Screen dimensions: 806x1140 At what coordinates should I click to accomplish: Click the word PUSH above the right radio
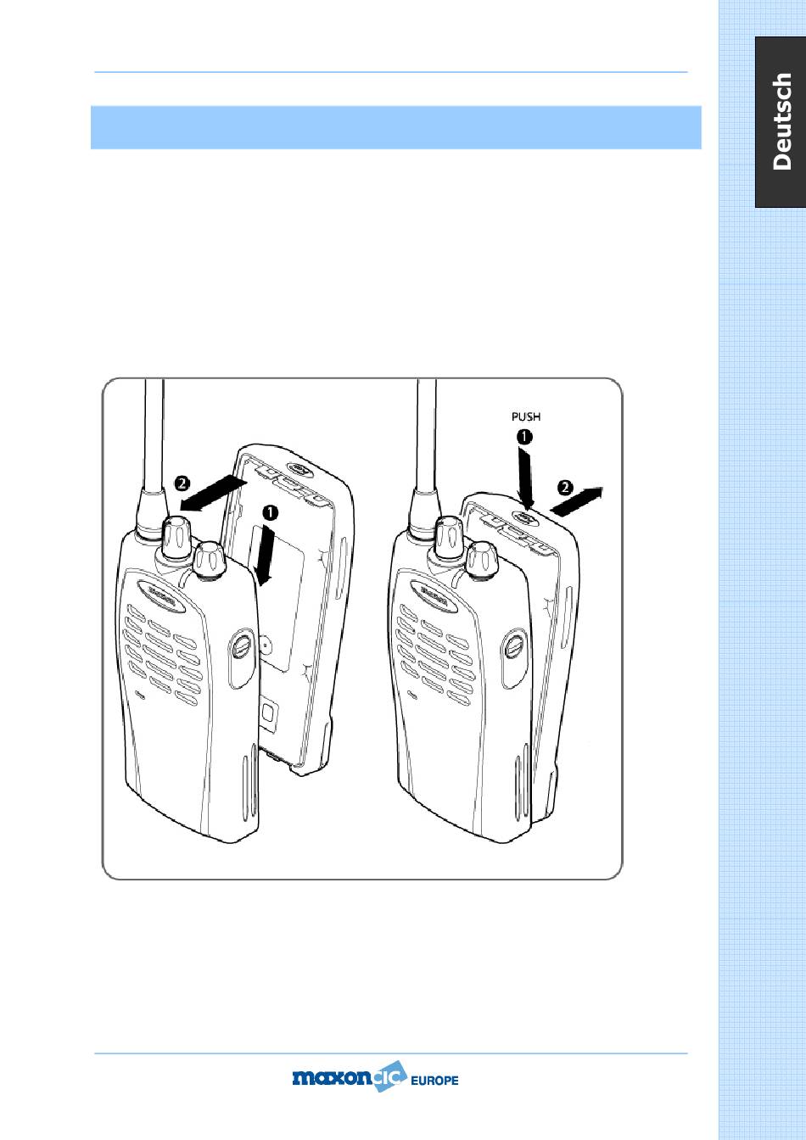click(526, 416)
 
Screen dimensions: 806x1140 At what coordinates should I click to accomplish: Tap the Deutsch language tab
click(781, 121)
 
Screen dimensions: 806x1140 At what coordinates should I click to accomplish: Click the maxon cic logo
click(350, 1076)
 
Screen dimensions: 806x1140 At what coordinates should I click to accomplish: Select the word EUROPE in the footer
click(434, 1080)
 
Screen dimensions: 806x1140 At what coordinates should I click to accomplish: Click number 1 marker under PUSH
click(524, 437)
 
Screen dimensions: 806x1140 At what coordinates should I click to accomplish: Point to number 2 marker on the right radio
click(565, 488)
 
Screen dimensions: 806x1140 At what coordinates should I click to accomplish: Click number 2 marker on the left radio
click(182, 483)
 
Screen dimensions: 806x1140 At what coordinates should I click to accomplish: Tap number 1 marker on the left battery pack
click(271, 512)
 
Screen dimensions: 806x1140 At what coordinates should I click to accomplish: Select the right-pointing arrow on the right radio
click(577, 500)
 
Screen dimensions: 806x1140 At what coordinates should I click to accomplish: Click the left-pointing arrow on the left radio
click(214, 492)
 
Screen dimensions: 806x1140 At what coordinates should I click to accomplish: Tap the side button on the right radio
click(515, 657)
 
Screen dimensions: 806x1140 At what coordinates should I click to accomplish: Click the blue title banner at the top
click(395, 127)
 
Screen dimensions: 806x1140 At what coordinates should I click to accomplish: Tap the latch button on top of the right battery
click(524, 517)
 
